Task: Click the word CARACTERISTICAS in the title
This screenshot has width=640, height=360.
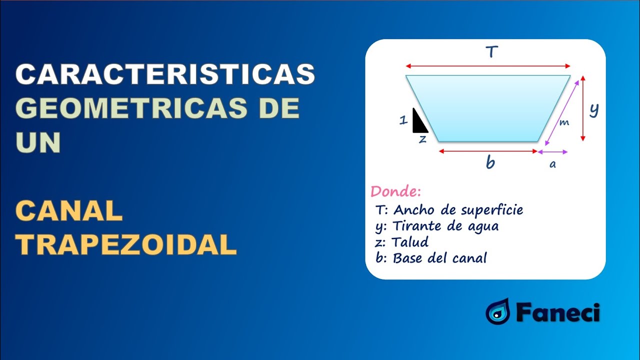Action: pyautogui.click(x=165, y=74)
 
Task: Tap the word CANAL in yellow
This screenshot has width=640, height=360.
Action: pyautogui.click(x=69, y=211)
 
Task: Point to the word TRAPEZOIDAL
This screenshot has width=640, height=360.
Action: pyautogui.click(x=126, y=245)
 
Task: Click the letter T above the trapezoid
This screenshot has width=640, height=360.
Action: pyautogui.click(x=491, y=52)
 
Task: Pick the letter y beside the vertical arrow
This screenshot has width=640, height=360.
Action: pyautogui.click(x=594, y=109)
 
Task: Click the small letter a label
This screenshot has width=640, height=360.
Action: pyautogui.click(x=552, y=164)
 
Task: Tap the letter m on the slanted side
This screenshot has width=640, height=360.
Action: pyautogui.click(x=563, y=122)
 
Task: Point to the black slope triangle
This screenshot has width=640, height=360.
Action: pyautogui.click(x=419, y=122)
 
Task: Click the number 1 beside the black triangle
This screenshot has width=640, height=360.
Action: pyautogui.click(x=403, y=120)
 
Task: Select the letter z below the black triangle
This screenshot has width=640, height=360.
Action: pyautogui.click(x=422, y=139)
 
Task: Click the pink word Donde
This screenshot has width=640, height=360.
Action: pyautogui.click(x=395, y=191)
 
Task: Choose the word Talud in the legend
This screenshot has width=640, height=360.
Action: pyautogui.click(x=410, y=242)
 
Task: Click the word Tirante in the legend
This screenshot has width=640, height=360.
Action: pyautogui.click(x=412, y=226)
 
